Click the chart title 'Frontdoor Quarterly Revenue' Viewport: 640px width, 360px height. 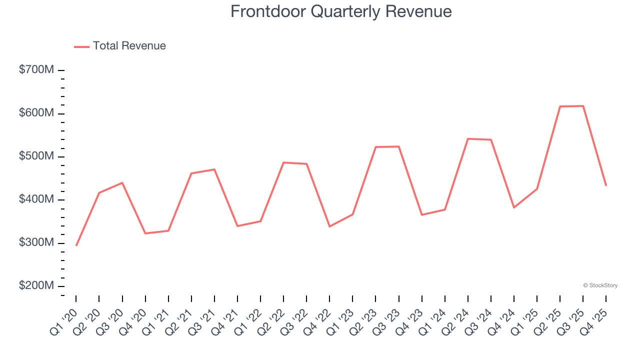341,11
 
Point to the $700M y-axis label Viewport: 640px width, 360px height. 36,70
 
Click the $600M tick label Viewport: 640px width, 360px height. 36,113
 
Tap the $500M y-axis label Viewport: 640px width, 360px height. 36,156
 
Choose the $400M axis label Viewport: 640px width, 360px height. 36,199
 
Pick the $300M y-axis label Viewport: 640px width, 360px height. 36,243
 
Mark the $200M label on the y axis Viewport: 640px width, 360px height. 36,286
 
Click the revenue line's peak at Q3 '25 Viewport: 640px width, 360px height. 583,106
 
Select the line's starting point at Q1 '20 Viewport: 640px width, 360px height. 76,245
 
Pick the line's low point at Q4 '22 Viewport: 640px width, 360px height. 329,226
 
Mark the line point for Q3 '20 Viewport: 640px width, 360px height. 122,183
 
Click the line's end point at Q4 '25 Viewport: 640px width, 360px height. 606,186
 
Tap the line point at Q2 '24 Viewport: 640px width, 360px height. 468,138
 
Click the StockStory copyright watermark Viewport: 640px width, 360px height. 600,285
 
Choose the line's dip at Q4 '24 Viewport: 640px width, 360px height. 514,207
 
